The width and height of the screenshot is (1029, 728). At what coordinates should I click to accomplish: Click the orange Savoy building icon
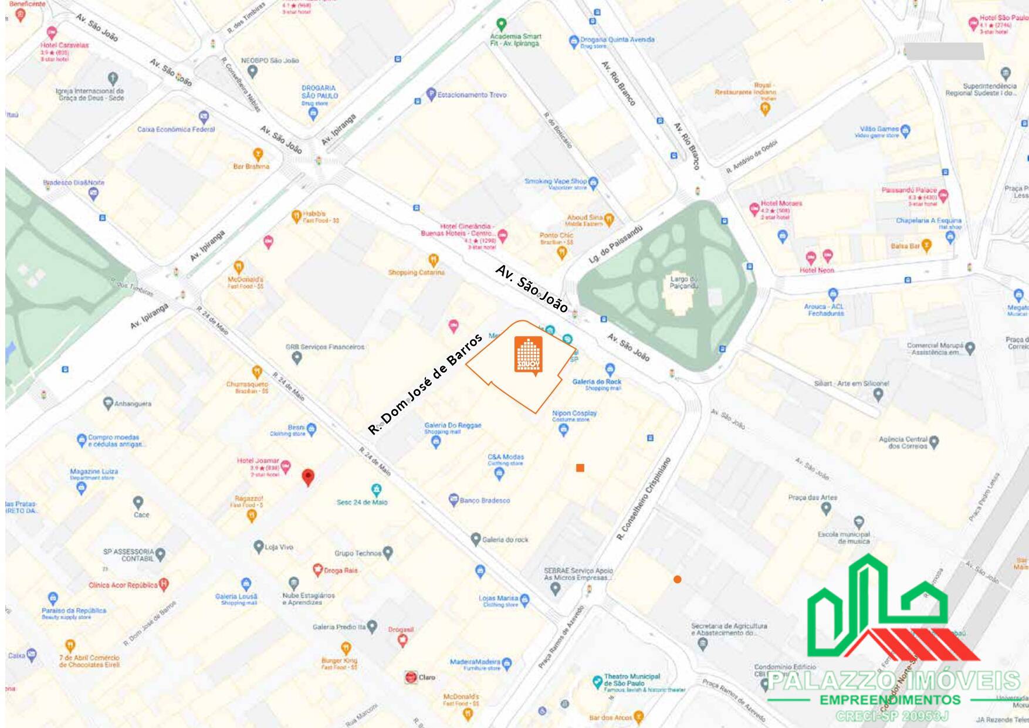[x=528, y=355]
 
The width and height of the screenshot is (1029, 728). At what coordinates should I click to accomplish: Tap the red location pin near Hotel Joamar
[x=307, y=477]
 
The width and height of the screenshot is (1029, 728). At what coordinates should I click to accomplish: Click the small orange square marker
[x=580, y=468]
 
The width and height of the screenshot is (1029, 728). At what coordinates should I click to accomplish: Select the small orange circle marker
[x=677, y=580]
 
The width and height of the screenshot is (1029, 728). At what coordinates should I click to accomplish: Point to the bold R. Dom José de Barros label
[x=425, y=384]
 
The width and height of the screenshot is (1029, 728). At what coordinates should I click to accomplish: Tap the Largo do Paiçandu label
[x=683, y=283]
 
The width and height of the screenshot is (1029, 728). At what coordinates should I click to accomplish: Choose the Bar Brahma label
[x=251, y=167]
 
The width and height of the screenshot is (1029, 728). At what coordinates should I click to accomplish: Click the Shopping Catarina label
[x=416, y=272]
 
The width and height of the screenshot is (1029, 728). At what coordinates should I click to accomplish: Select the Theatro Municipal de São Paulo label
[x=632, y=680]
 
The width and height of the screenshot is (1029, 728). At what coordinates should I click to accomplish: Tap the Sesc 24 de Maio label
[x=362, y=502]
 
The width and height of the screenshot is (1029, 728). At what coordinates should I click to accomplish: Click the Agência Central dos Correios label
[x=903, y=442]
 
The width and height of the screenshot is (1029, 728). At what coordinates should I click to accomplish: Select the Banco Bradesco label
[x=485, y=500]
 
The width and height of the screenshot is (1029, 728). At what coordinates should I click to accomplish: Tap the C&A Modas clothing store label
[x=505, y=457]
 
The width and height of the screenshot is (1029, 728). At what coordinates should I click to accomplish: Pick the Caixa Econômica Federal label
[x=176, y=129]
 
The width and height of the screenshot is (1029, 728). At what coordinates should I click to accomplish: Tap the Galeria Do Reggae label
[x=452, y=425]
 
